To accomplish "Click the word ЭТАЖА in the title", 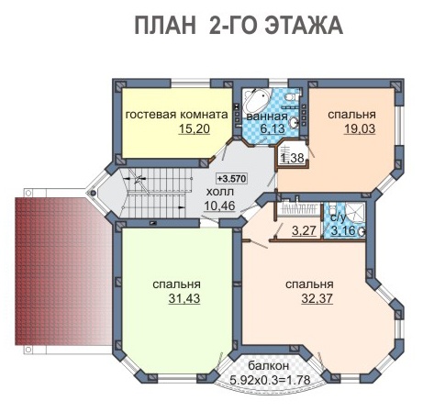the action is pos(304,26).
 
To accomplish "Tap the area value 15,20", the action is pos(195,128).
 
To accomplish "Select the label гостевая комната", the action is pos(177,115).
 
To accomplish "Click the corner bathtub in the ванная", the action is pos(256,99).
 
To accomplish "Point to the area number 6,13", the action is pos(273,128).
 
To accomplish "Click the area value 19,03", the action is pos(360,128).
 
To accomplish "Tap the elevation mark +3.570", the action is pos(231,178).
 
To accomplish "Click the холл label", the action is pos(220,192).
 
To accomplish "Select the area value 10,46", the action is pos(219,206).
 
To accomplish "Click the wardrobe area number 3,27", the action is pos(304,230).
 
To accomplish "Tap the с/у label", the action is pos(339,217).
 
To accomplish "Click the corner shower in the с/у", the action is pos(356,212).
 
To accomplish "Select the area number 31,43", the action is pos(184,298).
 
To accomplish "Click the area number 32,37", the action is pos(317,298).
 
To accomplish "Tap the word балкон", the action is pos(268,365).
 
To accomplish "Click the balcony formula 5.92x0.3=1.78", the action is pos(270,380).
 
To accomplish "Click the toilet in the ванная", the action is pos(290,97).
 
